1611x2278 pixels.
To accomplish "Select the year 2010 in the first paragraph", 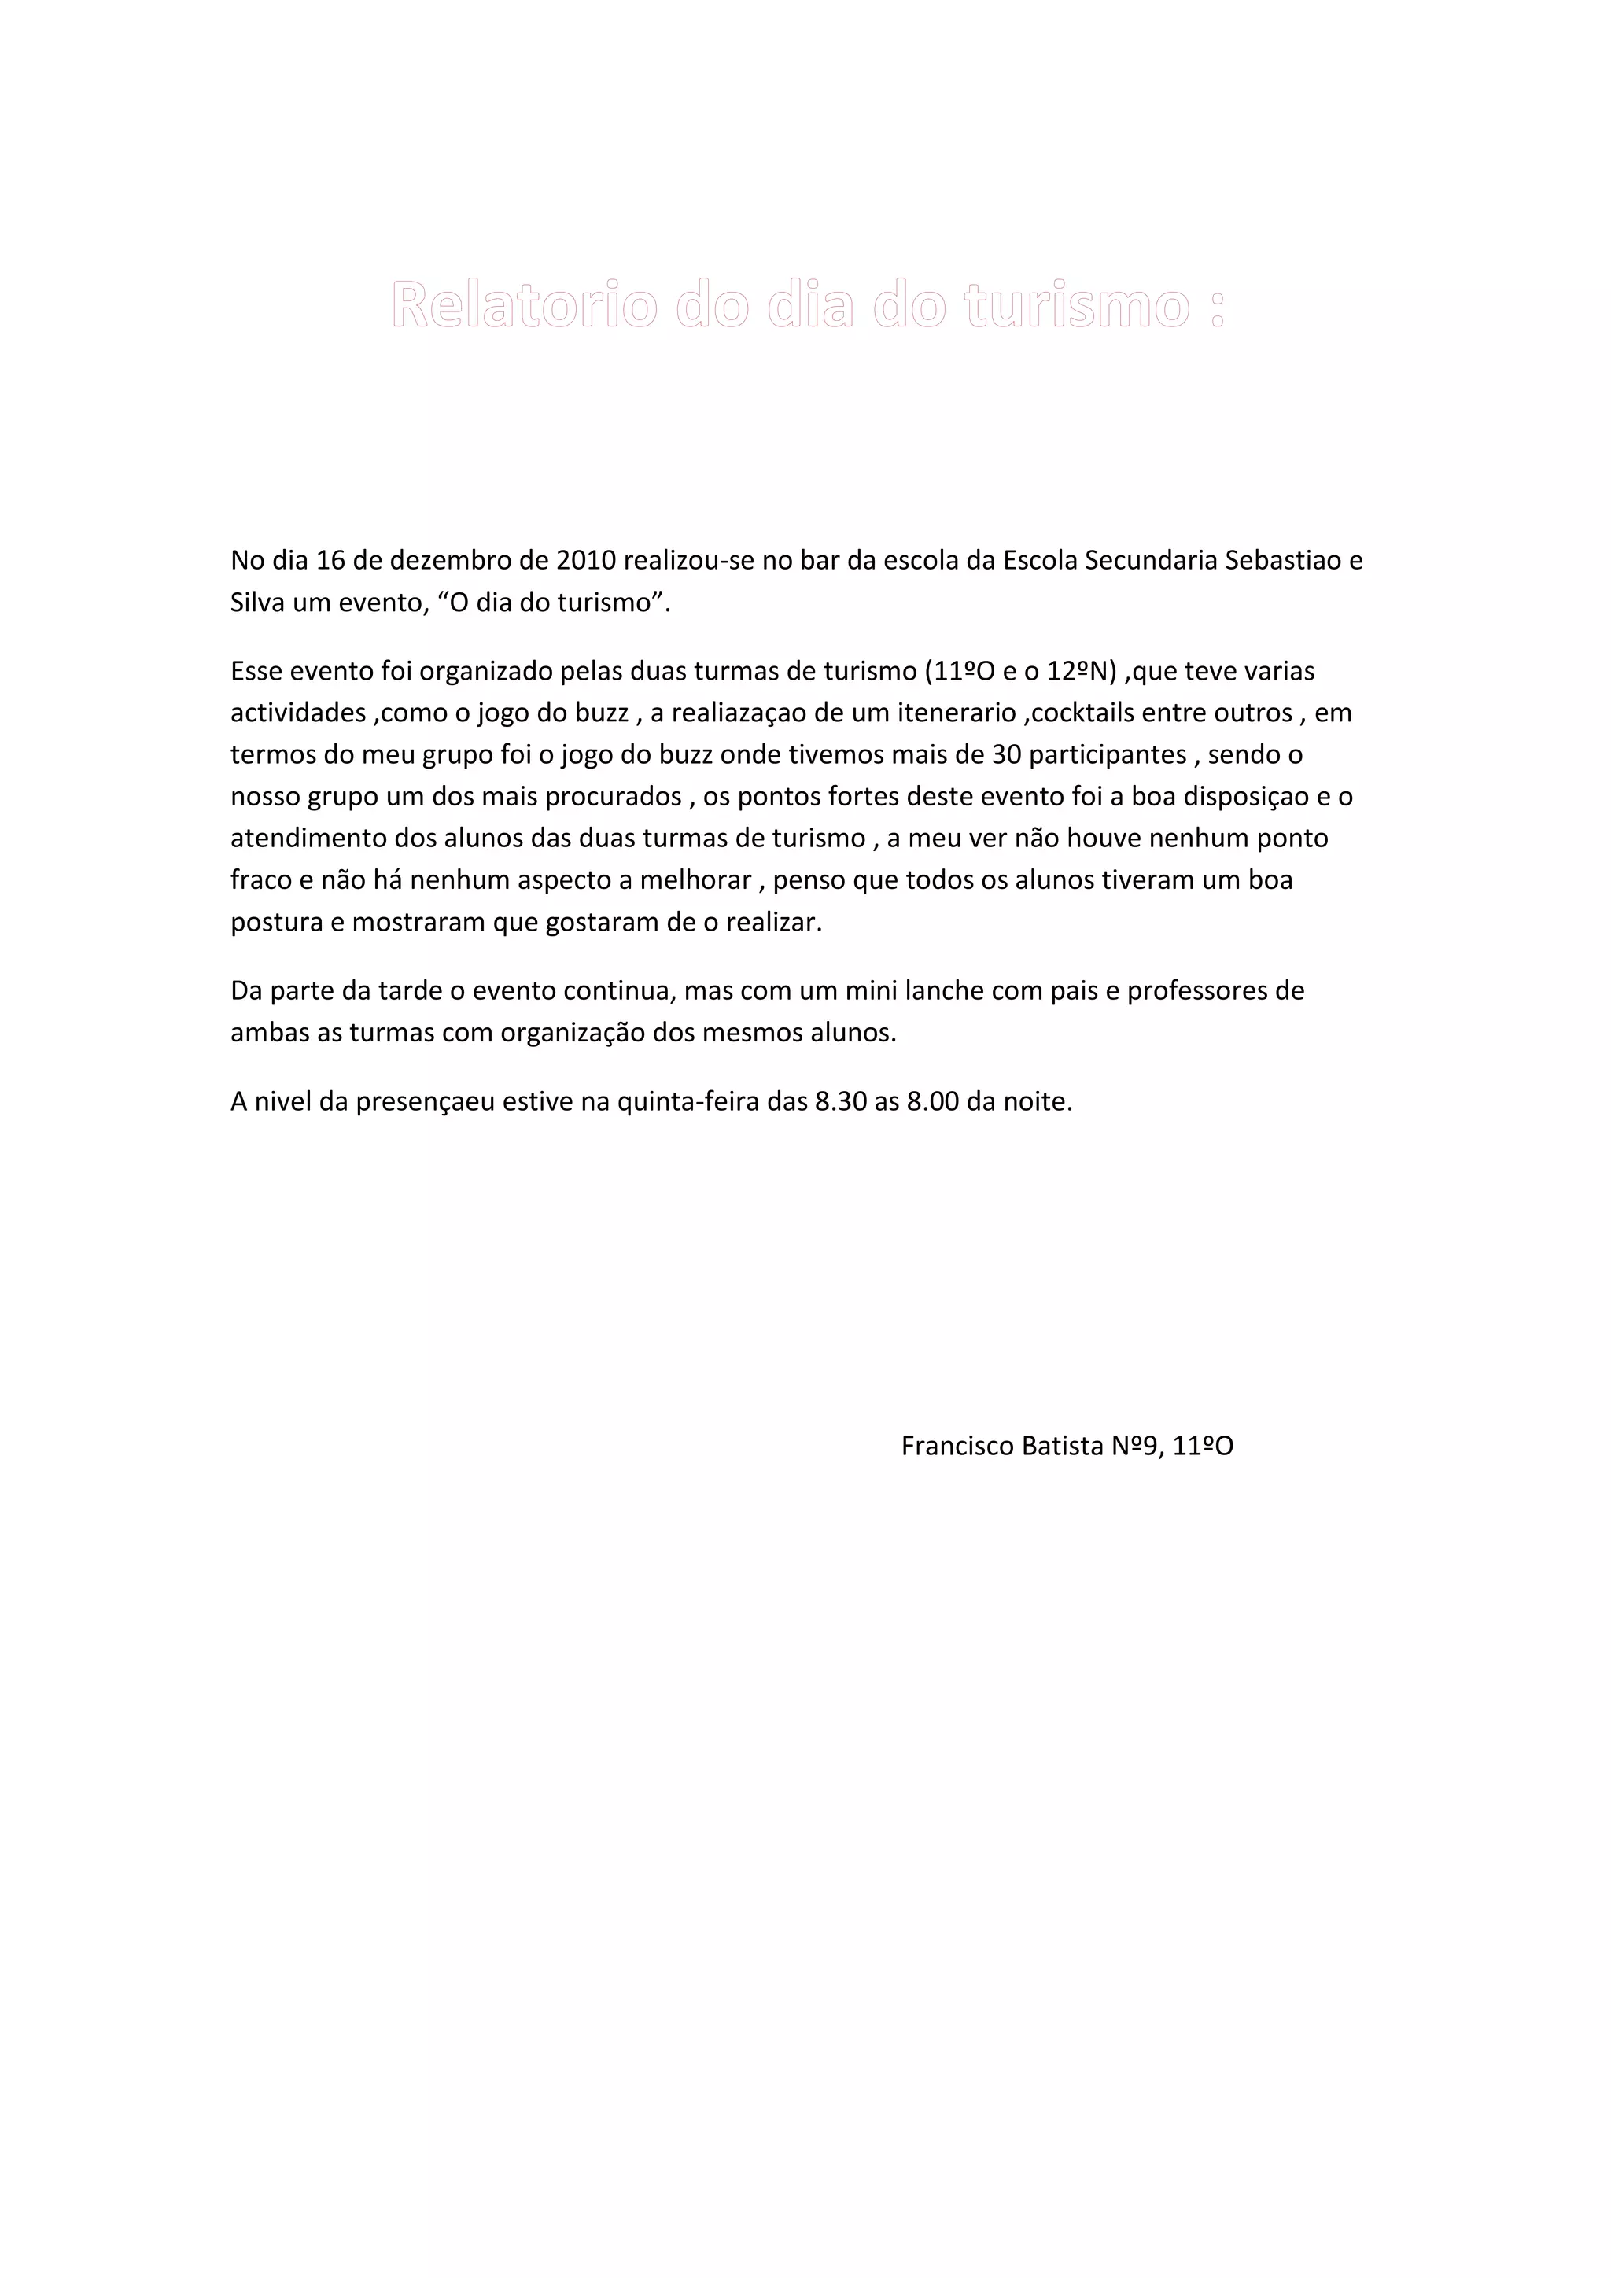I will (586, 561).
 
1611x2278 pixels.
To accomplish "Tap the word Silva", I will (257, 603).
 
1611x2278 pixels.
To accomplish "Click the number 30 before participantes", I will (1007, 755).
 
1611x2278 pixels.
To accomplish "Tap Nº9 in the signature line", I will (1134, 1447).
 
